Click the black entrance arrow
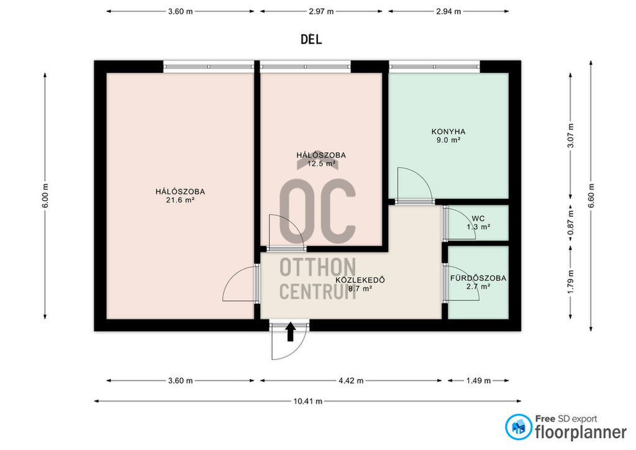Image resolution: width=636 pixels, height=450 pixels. point(291,331)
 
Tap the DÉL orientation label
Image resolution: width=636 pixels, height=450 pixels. point(312,39)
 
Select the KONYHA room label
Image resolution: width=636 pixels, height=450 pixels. point(448,132)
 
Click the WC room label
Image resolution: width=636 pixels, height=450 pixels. point(478,219)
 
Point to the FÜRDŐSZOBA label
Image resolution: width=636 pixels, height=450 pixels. point(478,278)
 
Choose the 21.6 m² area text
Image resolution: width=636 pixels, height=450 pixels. point(181,200)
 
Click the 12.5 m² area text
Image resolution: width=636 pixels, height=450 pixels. point(321,163)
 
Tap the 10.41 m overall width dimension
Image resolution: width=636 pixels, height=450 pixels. point(308,402)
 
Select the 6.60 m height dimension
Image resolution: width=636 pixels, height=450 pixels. point(591,196)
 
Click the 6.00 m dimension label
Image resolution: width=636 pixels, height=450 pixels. point(45,196)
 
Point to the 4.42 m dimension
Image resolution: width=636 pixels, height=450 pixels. point(352,380)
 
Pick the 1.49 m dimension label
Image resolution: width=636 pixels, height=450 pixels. point(478,380)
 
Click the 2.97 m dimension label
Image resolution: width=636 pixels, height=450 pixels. point(321,11)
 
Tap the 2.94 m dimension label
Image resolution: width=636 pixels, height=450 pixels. point(448,11)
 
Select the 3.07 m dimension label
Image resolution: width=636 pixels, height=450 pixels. point(571,135)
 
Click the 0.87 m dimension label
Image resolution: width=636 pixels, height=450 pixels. point(571,223)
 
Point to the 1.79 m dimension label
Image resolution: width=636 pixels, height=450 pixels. point(571,282)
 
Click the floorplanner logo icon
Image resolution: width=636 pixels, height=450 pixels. point(519,427)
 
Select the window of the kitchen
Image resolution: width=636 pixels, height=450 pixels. point(434,67)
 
